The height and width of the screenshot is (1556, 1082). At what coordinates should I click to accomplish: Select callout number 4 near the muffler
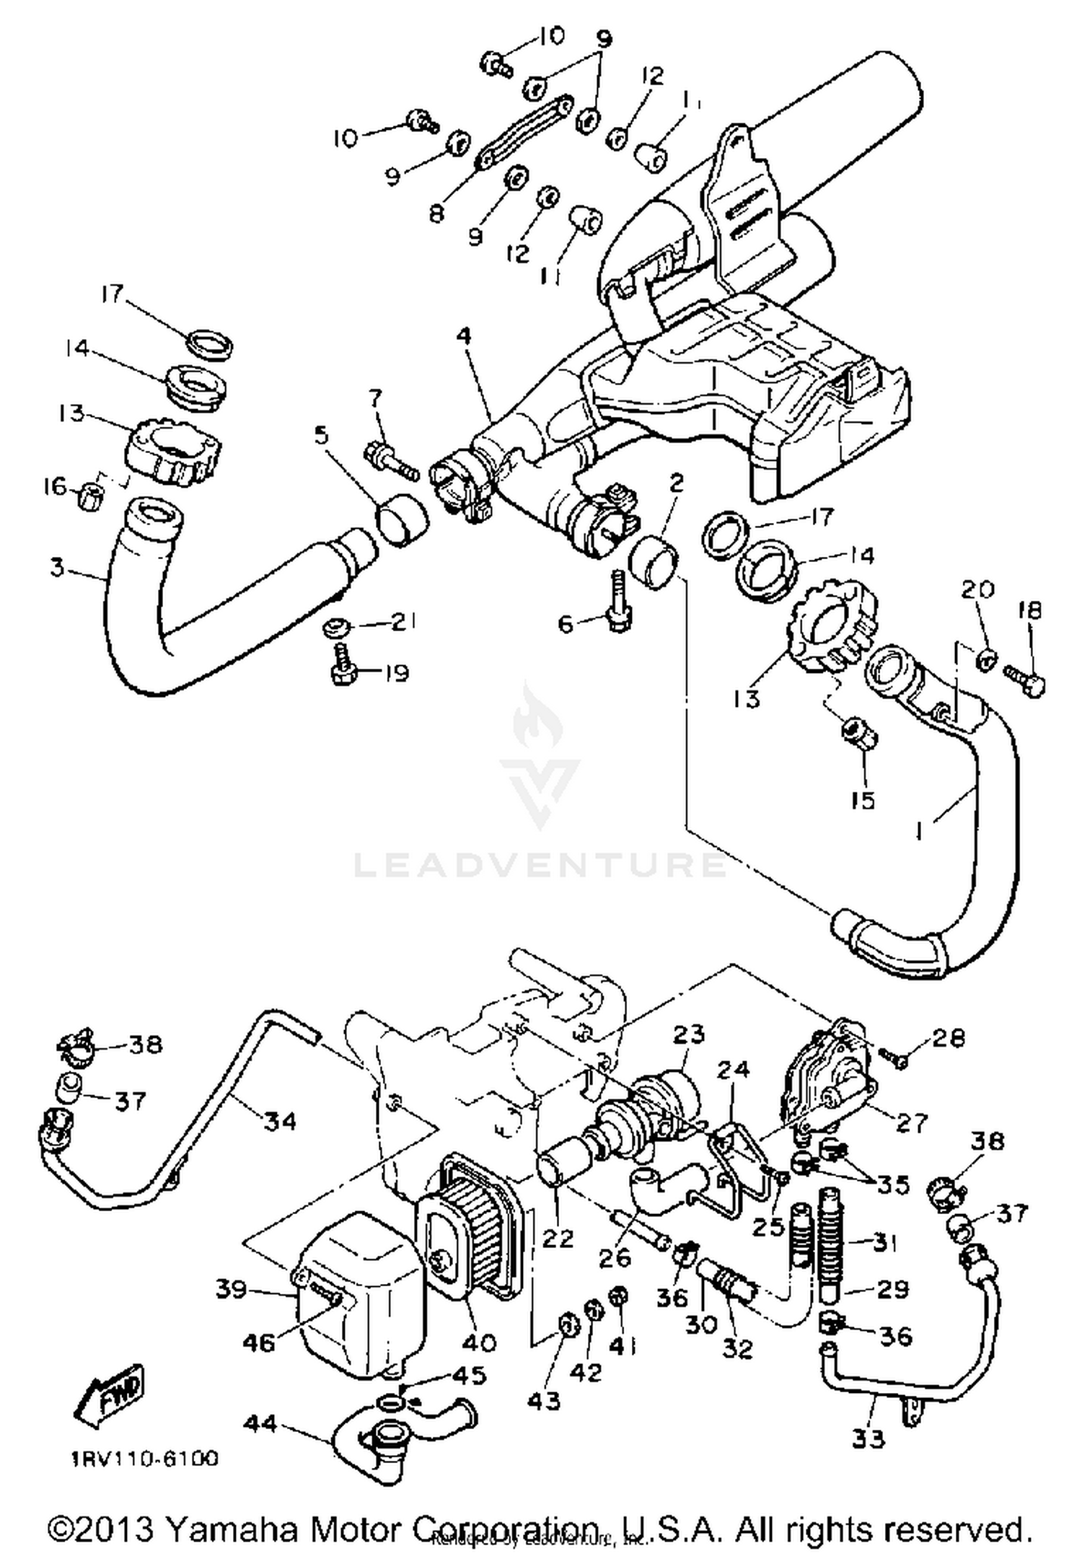point(464,336)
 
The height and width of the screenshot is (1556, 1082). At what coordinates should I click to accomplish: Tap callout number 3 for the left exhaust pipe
point(58,567)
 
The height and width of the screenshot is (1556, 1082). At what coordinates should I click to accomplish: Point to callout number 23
point(688,1034)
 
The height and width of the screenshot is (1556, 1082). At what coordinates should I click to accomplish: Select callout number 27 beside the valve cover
point(910,1122)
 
